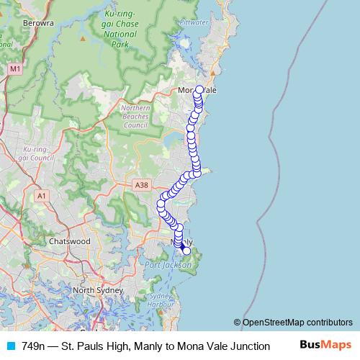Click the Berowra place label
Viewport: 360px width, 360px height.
pyautogui.click(x=39, y=23)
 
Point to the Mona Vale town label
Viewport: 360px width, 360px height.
pyautogui.click(x=197, y=90)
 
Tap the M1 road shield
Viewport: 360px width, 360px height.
pyautogui.click(x=15, y=68)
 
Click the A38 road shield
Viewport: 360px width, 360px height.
pyautogui.click(x=141, y=185)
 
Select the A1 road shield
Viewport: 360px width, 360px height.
pyautogui.click(x=41, y=195)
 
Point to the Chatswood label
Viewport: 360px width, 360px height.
pyautogui.click(x=70, y=241)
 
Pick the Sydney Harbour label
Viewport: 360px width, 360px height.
pyautogui.click(x=161, y=300)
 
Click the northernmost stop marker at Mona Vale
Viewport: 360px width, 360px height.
pyautogui.click(x=199, y=90)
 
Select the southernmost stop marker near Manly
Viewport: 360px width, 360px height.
pyautogui.click(x=186, y=251)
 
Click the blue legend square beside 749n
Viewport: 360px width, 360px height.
pyautogui.click(x=10, y=346)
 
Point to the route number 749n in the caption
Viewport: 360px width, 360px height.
pyautogui.click(x=33, y=346)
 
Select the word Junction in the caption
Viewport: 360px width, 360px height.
pyautogui.click(x=246, y=346)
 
